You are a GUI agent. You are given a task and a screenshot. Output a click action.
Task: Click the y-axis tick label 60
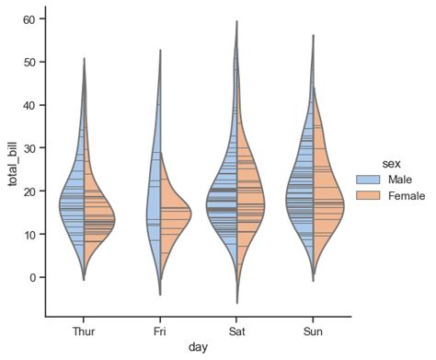[29, 19]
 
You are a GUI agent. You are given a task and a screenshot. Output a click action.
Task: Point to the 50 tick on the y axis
[29, 62]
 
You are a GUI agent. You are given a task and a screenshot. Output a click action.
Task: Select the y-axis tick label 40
[29, 105]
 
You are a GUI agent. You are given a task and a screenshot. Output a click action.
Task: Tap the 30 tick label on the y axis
[29, 148]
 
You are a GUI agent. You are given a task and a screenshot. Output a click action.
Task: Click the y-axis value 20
[29, 192]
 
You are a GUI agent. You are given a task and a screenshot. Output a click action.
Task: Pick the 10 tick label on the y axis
[29, 235]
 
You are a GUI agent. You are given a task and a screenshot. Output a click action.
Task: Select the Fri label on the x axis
[161, 330]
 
